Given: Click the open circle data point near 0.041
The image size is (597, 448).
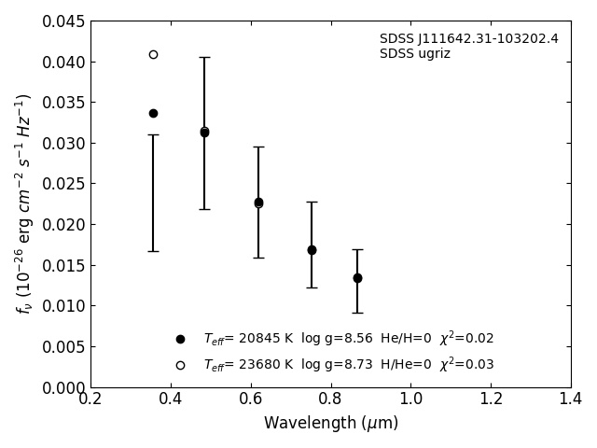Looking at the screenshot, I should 153,54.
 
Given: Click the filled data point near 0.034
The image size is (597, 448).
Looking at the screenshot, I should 153,113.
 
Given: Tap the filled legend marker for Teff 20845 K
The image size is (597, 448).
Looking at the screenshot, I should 180,339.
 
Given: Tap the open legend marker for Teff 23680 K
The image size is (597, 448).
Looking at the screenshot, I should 180,365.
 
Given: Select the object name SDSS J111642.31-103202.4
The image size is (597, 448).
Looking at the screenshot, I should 468,39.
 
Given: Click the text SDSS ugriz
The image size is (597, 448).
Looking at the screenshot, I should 414,54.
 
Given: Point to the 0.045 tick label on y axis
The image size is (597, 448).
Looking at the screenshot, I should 63,21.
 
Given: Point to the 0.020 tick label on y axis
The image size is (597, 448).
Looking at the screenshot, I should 63,225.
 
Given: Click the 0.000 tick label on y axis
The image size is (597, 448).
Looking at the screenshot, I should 63,387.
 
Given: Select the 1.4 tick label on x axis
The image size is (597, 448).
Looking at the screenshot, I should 570,399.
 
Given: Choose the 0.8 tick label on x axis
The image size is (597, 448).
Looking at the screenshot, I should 330,399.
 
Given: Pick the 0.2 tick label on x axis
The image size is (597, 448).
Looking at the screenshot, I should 90,399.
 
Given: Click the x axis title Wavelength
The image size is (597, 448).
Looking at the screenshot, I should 330,424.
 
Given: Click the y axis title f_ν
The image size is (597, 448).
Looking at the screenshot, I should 24,203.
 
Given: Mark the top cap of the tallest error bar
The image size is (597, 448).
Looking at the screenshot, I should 204,57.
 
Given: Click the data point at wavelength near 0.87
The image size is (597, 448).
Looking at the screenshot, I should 357,278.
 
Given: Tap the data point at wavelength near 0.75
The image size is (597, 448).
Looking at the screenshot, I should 312,250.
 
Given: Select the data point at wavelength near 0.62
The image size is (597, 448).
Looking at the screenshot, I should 258,203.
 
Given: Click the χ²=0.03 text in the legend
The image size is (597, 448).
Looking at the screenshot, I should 466,364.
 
